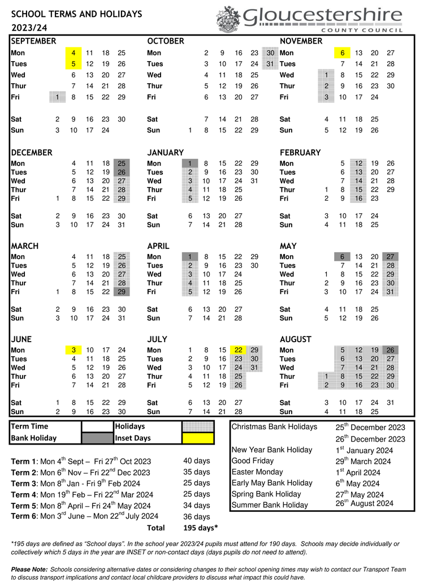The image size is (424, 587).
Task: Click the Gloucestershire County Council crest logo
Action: point(228,19)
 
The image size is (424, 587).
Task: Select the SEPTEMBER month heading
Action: point(33,41)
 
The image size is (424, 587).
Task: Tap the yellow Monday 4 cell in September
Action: point(73,53)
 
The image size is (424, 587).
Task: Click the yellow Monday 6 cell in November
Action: point(342,53)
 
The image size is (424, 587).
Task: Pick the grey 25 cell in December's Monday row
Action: point(122,163)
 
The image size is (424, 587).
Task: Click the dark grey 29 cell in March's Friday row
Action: point(122,292)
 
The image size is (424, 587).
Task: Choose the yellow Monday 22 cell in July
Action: point(239,349)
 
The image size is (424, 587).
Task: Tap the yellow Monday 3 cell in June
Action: point(73,349)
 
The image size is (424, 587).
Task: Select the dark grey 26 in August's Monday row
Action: point(390,349)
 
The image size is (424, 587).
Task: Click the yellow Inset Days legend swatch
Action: point(198,438)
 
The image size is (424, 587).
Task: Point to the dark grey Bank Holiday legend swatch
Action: point(97,438)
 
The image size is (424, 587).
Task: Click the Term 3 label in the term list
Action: point(23,484)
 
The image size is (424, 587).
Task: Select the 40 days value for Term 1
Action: point(196,460)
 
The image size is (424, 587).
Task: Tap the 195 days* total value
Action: point(201,528)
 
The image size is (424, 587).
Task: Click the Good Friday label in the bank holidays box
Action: point(253,461)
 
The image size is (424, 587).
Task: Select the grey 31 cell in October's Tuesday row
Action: point(270,64)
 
